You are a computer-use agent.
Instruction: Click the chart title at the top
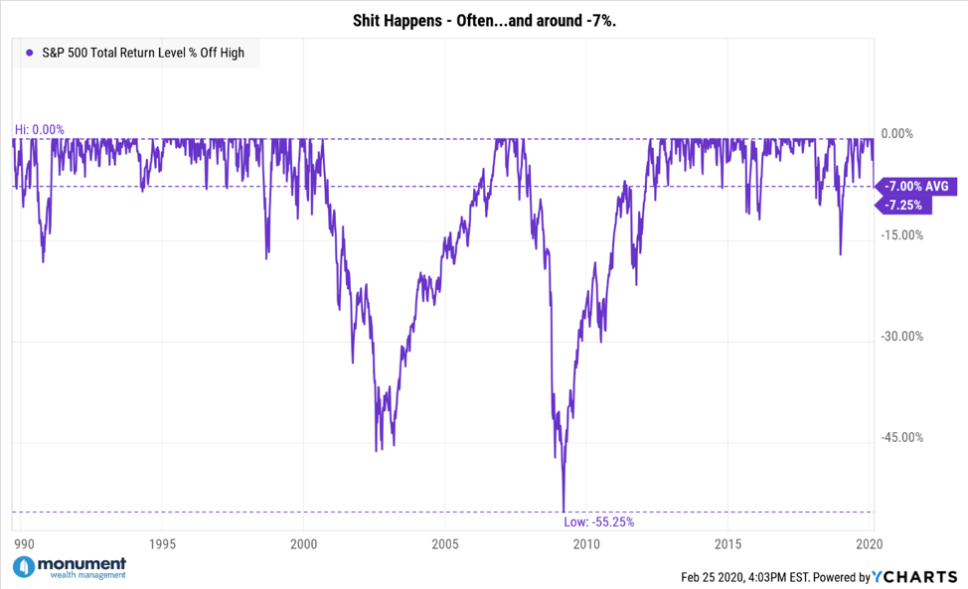pyautogui.click(x=484, y=21)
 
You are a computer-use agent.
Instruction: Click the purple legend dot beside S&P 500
pyautogui.click(x=30, y=53)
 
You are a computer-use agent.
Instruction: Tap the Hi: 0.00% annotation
pyautogui.click(x=39, y=129)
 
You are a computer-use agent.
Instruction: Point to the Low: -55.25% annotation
pyautogui.click(x=598, y=521)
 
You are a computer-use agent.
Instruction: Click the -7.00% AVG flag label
pyautogui.click(x=916, y=186)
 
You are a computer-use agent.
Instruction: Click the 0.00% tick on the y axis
pyautogui.click(x=905, y=134)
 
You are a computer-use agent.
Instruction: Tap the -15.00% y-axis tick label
pyautogui.click(x=903, y=235)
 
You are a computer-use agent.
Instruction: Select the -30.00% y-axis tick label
pyautogui.click(x=903, y=336)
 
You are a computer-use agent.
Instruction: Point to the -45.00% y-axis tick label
pyautogui.click(x=903, y=437)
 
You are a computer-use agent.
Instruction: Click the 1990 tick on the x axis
pyautogui.click(x=25, y=544)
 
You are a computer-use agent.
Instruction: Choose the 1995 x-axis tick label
pyautogui.click(x=162, y=544)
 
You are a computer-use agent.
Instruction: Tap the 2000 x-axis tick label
pyautogui.click(x=303, y=544)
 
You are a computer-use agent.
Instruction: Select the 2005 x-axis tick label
pyautogui.click(x=445, y=544)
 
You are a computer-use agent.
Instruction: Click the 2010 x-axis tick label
pyautogui.click(x=586, y=544)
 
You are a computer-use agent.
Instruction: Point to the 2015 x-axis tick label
pyautogui.click(x=727, y=544)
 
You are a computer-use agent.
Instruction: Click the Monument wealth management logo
pyautogui.click(x=70, y=567)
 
